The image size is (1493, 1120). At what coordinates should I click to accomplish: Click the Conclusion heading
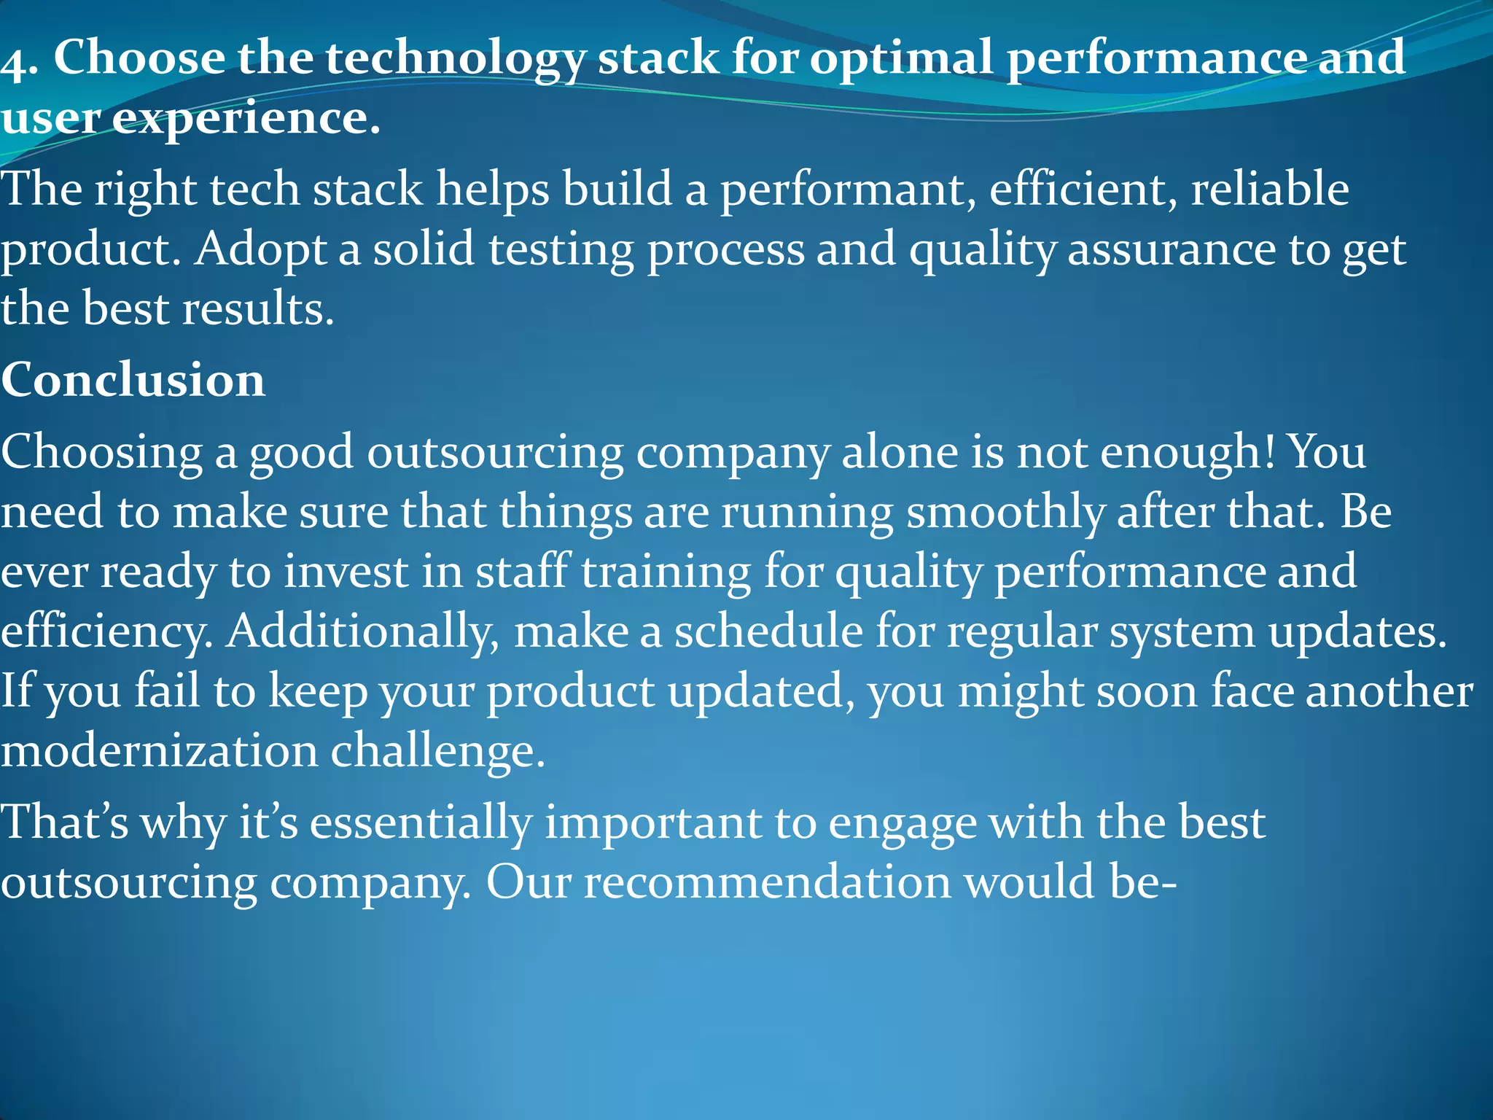click(133, 380)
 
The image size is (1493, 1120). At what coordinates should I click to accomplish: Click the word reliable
click(1269, 190)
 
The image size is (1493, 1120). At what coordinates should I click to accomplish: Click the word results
click(257, 309)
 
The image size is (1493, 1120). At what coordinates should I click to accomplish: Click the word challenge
click(437, 752)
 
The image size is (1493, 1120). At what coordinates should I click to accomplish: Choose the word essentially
click(421, 824)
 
